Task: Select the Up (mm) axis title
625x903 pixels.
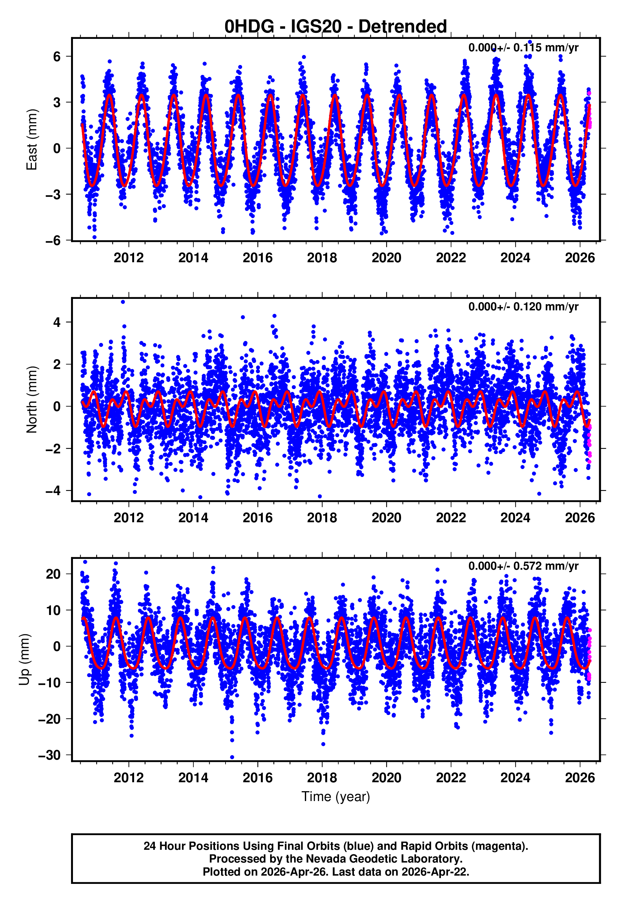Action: pyautogui.click(x=24, y=660)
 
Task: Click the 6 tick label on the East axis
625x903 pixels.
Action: pyautogui.click(x=57, y=56)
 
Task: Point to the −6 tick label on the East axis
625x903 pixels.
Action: pyautogui.click(x=53, y=241)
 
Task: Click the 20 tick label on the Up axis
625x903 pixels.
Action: pyautogui.click(x=53, y=574)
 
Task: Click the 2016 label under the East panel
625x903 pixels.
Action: pyautogui.click(x=257, y=258)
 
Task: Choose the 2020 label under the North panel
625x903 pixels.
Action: pyautogui.click(x=386, y=518)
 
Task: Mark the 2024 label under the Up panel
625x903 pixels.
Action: pyautogui.click(x=515, y=778)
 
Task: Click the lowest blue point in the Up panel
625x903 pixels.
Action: pyautogui.click(x=232, y=757)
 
